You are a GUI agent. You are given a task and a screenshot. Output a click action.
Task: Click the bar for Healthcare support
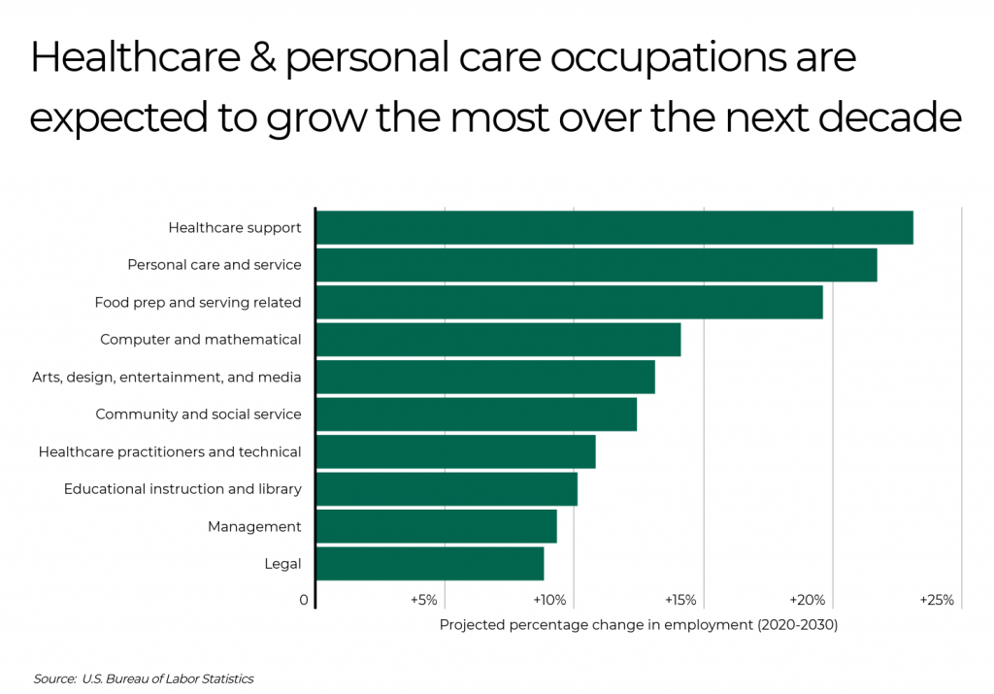click(614, 227)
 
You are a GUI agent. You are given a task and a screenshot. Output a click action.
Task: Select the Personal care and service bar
click(596, 265)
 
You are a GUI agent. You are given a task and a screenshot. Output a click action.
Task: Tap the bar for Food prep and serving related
click(569, 302)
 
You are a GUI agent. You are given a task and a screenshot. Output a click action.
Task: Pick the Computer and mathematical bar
click(498, 340)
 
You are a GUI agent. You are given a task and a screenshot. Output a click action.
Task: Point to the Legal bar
click(430, 564)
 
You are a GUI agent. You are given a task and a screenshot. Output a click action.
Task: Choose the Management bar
click(436, 526)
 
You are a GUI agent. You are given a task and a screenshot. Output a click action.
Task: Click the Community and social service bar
click(477, 414)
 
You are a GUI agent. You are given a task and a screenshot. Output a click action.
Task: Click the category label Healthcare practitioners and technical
click(170, 451)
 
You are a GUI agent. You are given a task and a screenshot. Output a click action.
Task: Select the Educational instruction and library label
click(182, 489)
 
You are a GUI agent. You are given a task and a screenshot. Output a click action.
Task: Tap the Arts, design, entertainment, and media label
click(167, 377)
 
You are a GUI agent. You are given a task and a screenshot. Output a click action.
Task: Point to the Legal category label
click(282, 564)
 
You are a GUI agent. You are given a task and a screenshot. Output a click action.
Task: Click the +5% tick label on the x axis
click(424, 600)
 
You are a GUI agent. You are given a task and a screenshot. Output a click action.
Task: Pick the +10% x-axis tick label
click(549, 600)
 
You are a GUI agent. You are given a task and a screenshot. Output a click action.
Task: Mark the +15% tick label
click(679, 600)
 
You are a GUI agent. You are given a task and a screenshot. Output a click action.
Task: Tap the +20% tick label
click(808, 600)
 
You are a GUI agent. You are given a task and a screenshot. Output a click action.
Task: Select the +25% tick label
click(937, 600)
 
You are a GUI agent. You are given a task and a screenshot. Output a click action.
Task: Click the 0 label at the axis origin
click(304, 600)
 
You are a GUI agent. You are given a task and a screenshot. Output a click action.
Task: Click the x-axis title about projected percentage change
click(638, 625)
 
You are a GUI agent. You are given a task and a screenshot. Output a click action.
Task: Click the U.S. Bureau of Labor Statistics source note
click(144, 678)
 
